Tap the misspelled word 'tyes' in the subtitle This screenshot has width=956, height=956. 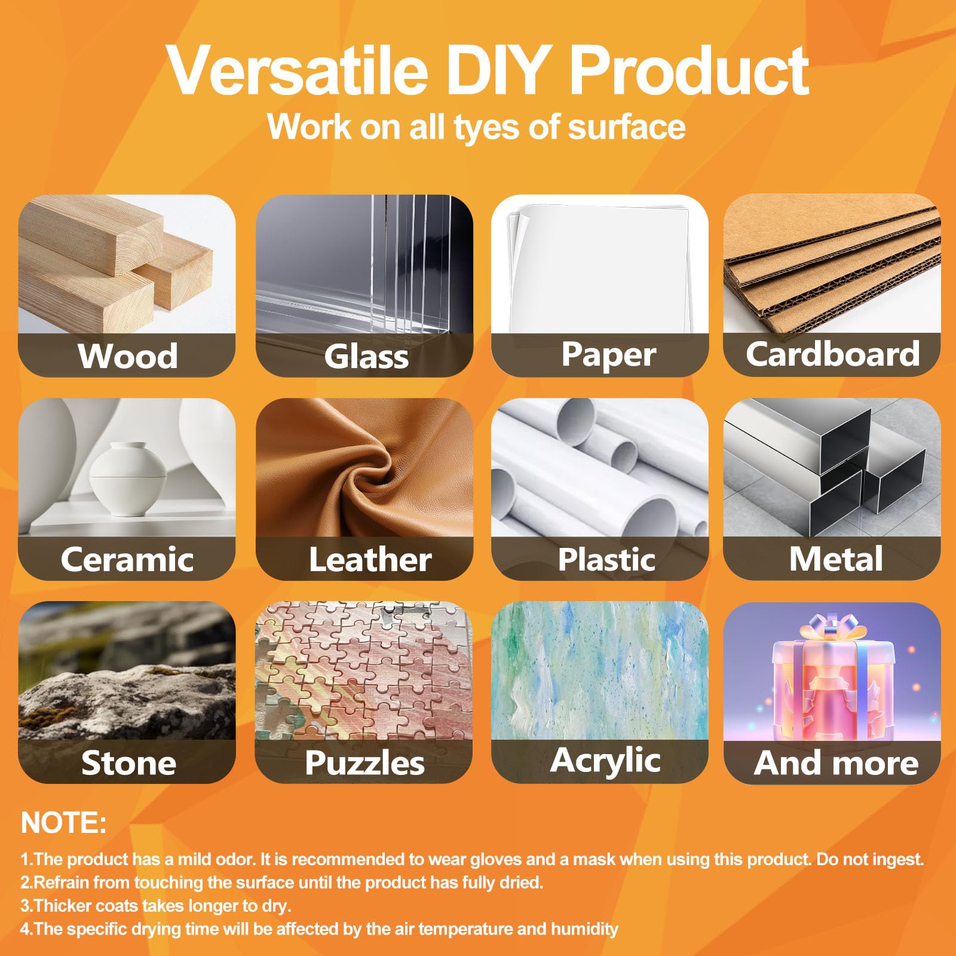pyautogui.click(x=482, y=127)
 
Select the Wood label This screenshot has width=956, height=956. pyautogui.click(x=127, y=356)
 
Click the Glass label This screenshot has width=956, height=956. pyautogui.click(x=366, y=357)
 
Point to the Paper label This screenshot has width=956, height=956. pyautogui.click(x=608, y=355)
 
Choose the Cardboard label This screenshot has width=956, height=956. pyautogui.click(x=832, y=354)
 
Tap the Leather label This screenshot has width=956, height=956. pyautogui.click(x=370, y=560)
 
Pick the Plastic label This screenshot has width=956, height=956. pyautogui.click(x=606, y=560)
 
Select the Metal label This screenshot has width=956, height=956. pyautogui.click(x=835, y=559)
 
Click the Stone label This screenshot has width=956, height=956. pyautogui.click(x=128, y=763)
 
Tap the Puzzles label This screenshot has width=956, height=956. pyautogui.click(x=364, y=763)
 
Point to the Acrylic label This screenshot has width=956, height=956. pyautogui.click(x=605, y=761)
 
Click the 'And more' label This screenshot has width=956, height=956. pyautogui.click(x=836, y=763)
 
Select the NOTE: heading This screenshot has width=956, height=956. pyautogui.click(x=64, y=823)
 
